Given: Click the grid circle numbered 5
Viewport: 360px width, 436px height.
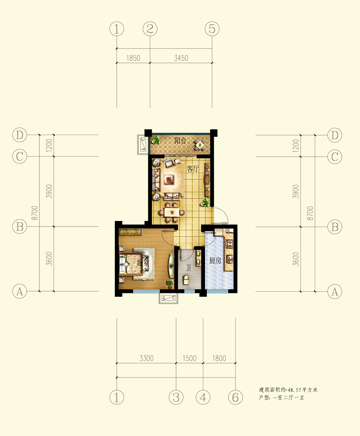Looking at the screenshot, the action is coord(212,29).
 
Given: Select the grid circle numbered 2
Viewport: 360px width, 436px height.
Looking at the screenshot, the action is coord(150,29).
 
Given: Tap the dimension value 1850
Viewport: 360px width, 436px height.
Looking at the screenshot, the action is coord(133,58).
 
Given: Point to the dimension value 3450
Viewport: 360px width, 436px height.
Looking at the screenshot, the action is coord(181,58).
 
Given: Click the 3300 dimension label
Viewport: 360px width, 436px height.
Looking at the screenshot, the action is coord(147,358).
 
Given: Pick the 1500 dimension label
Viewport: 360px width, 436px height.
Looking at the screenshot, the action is coord(189,358).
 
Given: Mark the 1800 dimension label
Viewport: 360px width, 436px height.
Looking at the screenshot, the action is coord(219,358).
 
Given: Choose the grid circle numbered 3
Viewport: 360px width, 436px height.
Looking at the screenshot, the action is coord(176,397).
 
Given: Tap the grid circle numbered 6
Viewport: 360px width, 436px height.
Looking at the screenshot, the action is coord(235,397).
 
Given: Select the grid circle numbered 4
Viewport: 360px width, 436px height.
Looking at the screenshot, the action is coord(203,397).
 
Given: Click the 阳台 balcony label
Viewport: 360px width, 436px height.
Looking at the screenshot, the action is coord(180,141).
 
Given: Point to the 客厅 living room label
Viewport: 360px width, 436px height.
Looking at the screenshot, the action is coord(193,168).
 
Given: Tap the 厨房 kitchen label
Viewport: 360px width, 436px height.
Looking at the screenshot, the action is coord(215,261).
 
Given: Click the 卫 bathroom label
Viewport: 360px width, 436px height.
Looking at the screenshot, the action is coord(188,268).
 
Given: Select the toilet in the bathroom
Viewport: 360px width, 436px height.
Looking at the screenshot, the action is coord(186,280).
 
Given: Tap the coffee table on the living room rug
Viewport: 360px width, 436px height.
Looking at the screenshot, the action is coord(169,179).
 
